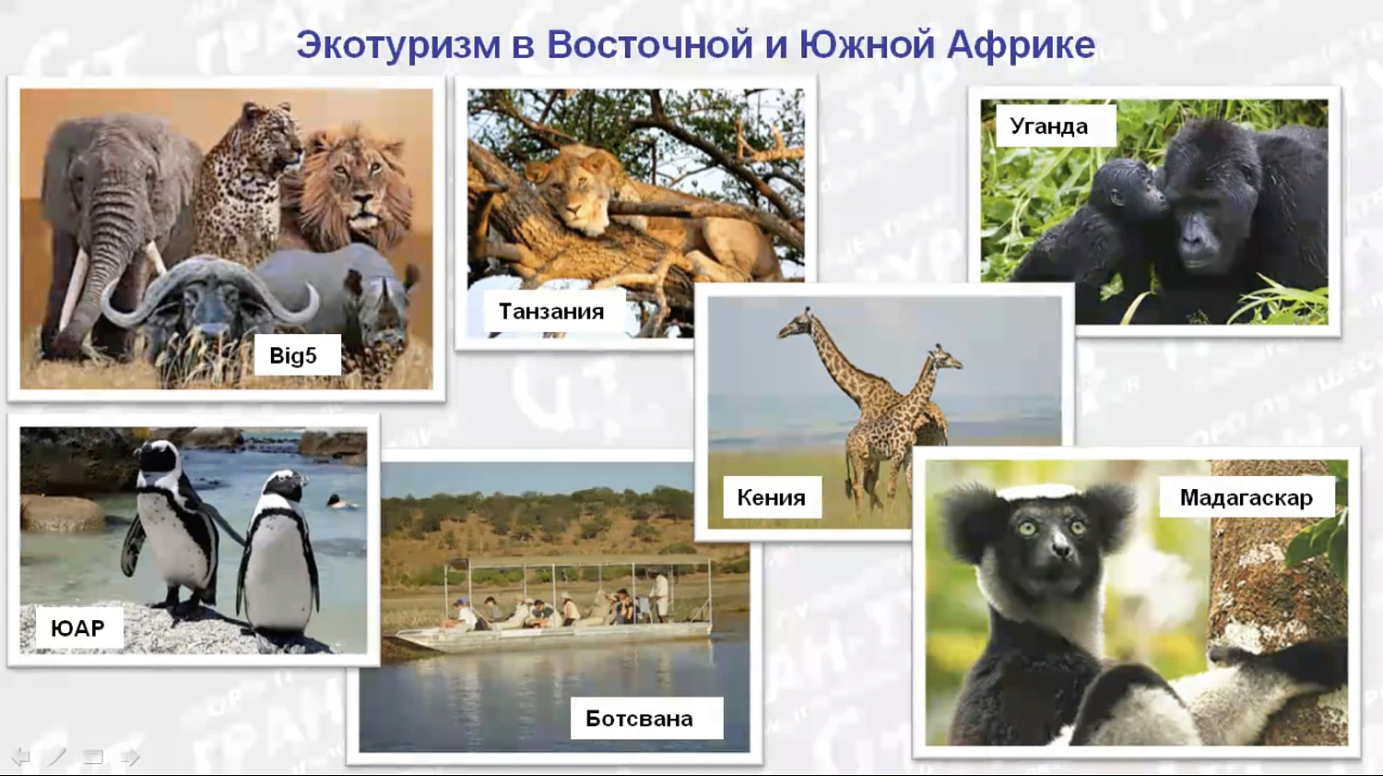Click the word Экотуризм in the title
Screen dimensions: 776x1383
398,45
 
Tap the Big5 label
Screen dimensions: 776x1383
294,356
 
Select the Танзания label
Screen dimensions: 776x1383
551,312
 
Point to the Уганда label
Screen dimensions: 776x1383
1049,126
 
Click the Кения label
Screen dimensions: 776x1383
771,498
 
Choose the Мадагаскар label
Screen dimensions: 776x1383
1246,498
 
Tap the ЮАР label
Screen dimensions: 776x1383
77,628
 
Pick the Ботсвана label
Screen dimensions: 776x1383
639,719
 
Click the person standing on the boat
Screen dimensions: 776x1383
660,595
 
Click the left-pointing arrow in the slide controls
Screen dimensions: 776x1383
20,758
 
